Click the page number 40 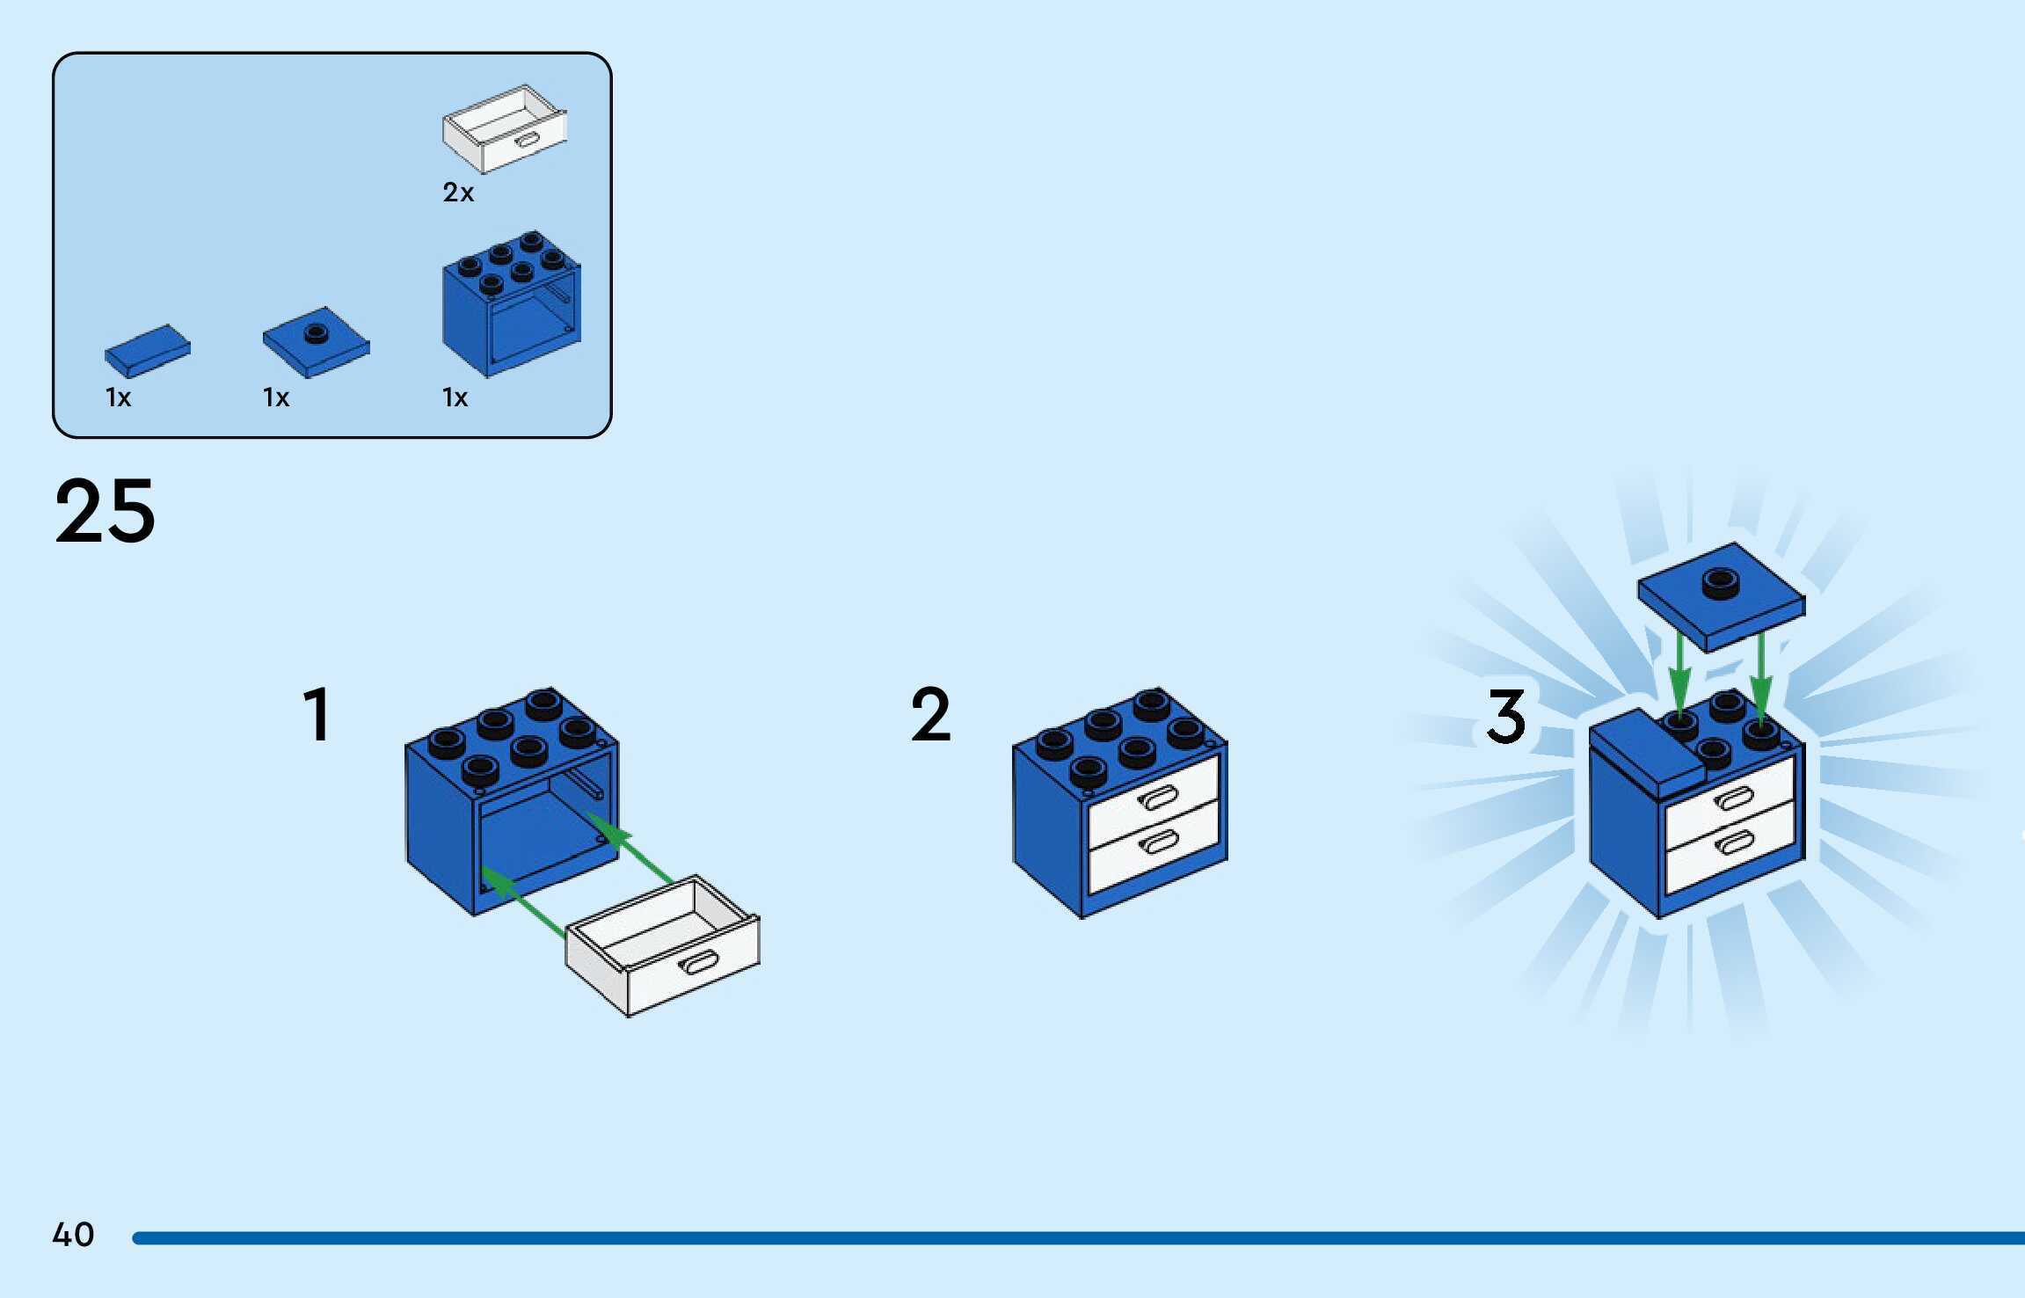pyautogui.click(x=73, y=1235)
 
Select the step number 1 pyautogui.click(x=317, y=715)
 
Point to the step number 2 pyautogui.click(x=930, y=715)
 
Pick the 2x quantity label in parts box pyautogui.click(x=458, y=193)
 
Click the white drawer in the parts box pyautogui.click(x=504, y=129)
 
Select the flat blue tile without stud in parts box pyautogui.click(x=147, y=350)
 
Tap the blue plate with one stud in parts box pyautogui.click(x=316, y=342)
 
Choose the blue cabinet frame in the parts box pyautogui.click(x=511, y=304)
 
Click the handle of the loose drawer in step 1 pyautogui.click(x=699, y=963)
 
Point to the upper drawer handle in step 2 pyautogui.click(x=1158, y=798)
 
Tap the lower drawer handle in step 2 pyautogui.click(x=1159, y=842)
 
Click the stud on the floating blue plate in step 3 pyautogui.click(x=1721, y=583)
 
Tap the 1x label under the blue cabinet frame pyautogui.click(x=455, y=398)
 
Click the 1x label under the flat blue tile pyautogui.click(x=118, y=398)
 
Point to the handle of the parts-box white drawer pyautogui.click(x=528, y=141)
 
